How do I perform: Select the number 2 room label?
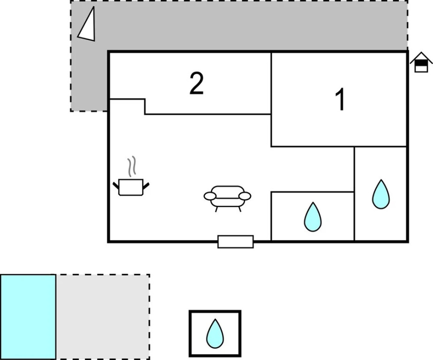197,83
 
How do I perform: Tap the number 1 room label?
341,99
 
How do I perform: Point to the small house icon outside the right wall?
421,63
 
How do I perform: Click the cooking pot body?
131,187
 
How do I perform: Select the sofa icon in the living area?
227,197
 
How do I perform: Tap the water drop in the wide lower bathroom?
313,217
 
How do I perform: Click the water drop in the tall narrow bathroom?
381,195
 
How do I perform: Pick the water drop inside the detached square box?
215,334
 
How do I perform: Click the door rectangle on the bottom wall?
236,242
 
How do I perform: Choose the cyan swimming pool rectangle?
28,317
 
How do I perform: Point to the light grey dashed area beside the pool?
103,317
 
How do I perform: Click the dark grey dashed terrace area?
244,26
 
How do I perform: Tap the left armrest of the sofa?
209,196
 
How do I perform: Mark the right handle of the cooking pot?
147,186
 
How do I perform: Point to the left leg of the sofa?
216,209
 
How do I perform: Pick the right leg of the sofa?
239,209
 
